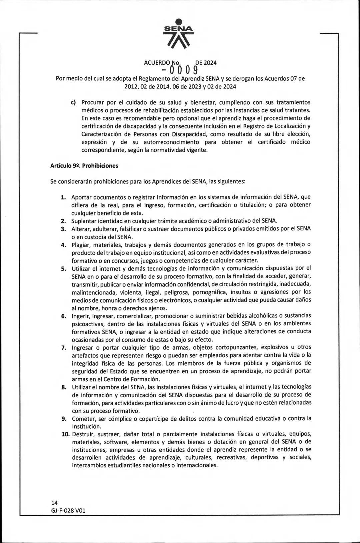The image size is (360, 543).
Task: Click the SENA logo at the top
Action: pos(180,34)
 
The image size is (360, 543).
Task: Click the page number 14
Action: pos(54,503)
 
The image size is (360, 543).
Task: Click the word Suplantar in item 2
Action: pos(83,221)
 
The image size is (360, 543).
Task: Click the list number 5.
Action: pos(63,268)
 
